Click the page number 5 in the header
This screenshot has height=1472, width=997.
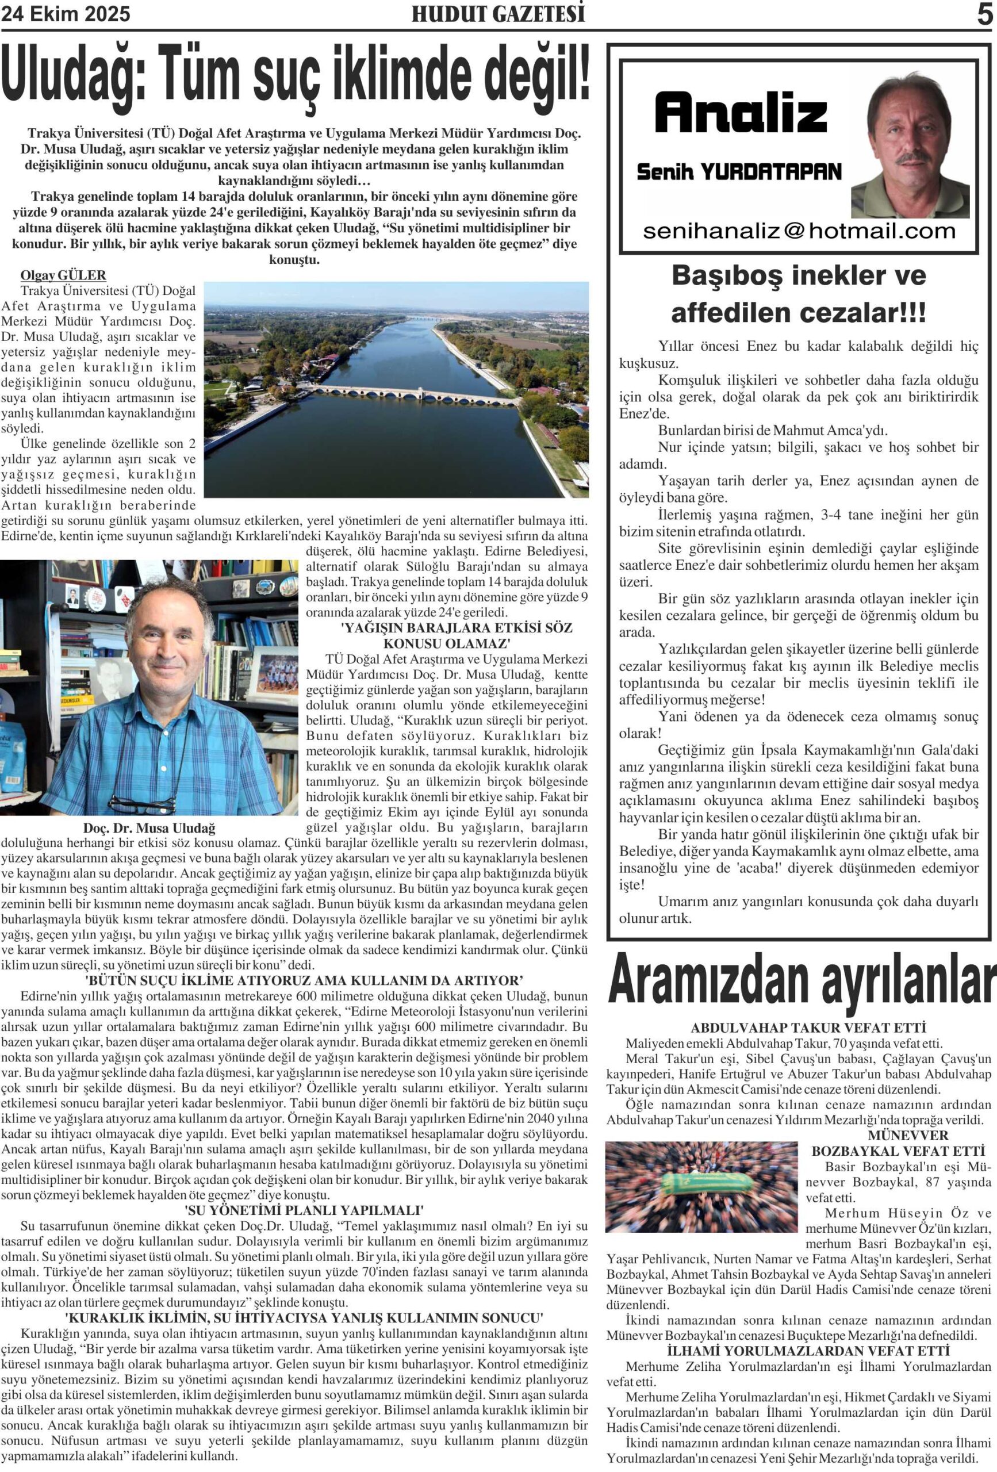[984, 14]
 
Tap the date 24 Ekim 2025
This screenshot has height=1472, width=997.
[66, 14]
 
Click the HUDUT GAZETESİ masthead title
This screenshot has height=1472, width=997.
[498, 14]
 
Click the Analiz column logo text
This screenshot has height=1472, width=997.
[741, 113]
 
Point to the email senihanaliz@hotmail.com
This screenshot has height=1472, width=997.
[799, 231]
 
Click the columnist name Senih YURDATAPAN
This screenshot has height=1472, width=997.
[739, 172]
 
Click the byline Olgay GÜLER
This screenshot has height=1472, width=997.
[63, 275]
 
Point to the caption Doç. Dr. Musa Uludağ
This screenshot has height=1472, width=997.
[149, 828]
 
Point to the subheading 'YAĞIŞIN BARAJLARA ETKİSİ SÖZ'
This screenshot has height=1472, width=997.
[456, 628]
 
